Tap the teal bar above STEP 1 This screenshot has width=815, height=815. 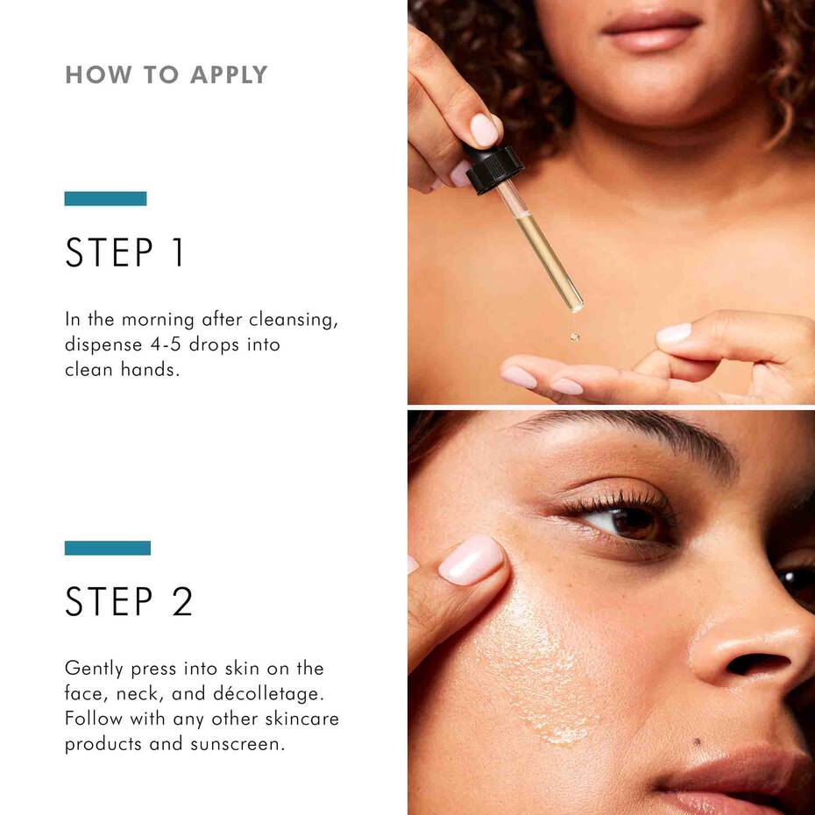coord(105,199)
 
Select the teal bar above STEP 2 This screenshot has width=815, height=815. coord(107,548)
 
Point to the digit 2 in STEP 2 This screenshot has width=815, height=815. coord(181,601)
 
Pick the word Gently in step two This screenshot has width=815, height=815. coord(92,669)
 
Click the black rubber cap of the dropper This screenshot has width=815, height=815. coord(493,167)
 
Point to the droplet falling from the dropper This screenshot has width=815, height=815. coord(575,336)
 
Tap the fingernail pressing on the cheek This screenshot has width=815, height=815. coord(471,561)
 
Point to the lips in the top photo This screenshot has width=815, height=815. coord(650,32)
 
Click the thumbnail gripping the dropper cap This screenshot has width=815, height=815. coord(484,130)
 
